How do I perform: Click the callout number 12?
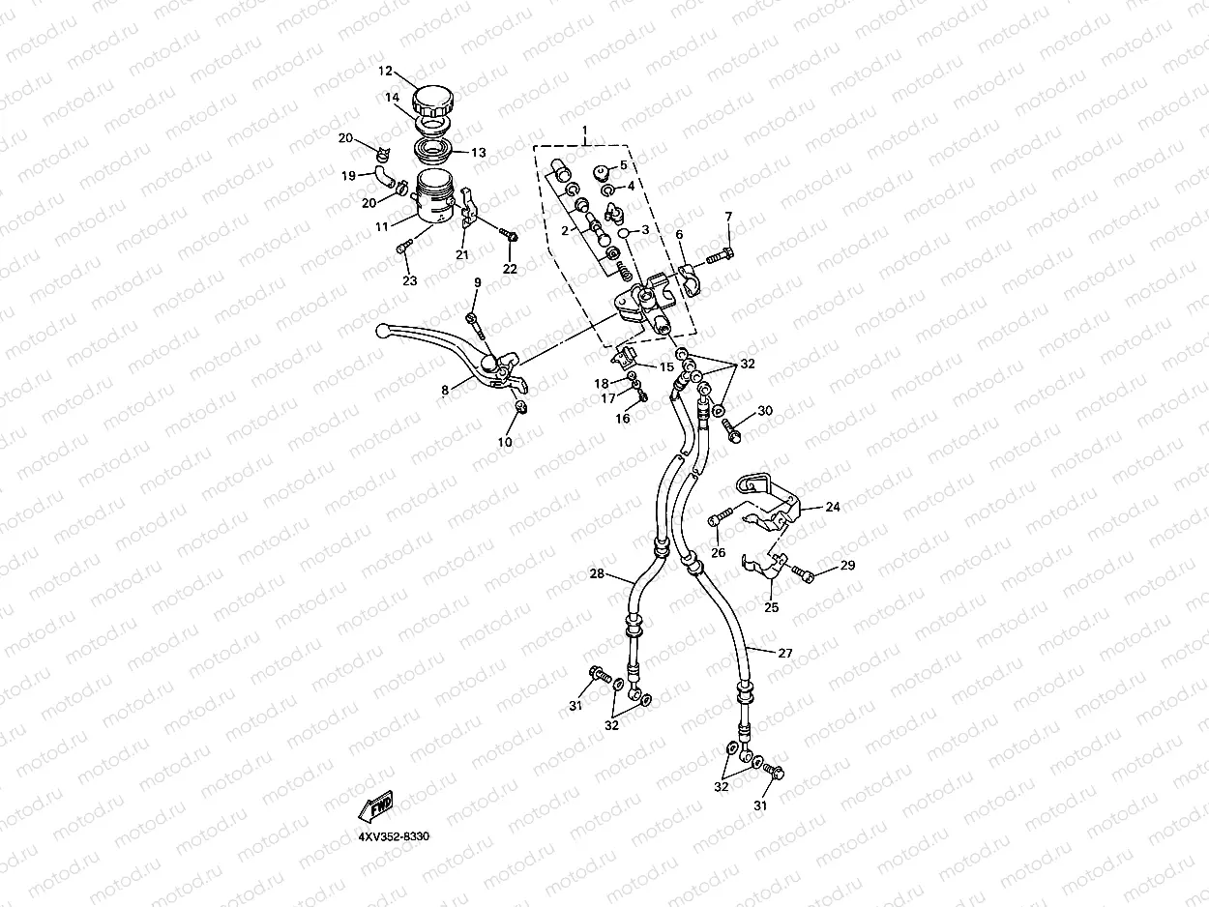tap(384, 72)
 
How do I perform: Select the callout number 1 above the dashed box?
tap(584, 130)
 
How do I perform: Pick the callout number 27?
tap(784, 654)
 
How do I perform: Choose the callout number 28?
tap(597, 574)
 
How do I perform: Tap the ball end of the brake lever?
tap(383, 331)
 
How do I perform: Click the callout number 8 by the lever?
tap(445, 391)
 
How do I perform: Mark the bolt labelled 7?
tap(720, 256)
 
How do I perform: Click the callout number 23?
tap(409, 281)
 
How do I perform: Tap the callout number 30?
tap(765, 411)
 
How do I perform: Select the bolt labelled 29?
tap(804, 574)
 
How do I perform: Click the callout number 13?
tap(478, 153)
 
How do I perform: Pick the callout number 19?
tap(348, 176)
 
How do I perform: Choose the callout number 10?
tap(505, 442)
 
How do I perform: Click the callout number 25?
tap(771, 608)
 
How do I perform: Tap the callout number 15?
tap(666, 367)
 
